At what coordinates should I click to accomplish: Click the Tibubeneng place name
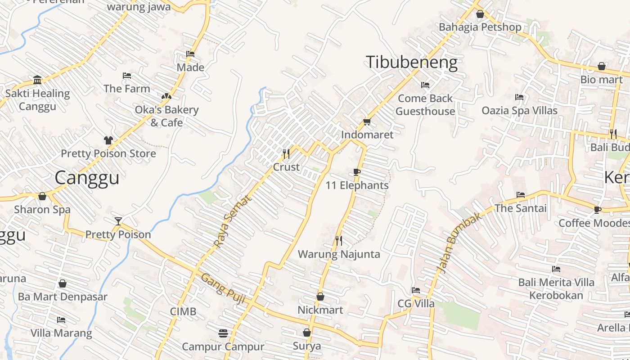(411, 62)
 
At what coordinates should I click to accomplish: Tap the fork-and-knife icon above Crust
(286, 154)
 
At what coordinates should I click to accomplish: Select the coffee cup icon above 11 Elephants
(357, 172)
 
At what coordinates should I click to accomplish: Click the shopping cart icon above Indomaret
(367, 121)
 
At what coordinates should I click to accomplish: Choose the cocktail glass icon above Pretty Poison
(118, 221)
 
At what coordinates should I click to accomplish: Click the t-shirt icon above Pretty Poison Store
(108, 140)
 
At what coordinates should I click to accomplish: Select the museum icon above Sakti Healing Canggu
(37, 80)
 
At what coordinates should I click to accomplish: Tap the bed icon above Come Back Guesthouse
(425, 85)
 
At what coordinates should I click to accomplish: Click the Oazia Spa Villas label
(519, 110)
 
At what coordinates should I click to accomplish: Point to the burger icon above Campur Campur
(223, 333)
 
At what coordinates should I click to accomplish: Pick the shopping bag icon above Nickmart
(320, 297)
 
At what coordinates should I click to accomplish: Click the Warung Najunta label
(339, 254)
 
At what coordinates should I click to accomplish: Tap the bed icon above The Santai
(521, 195)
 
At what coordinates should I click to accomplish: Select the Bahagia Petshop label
(480, 27)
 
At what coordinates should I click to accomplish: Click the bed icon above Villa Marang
(61, 320)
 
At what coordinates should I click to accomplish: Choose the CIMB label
(183, 311)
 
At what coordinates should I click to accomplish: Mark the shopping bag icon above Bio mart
(602, 67)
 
